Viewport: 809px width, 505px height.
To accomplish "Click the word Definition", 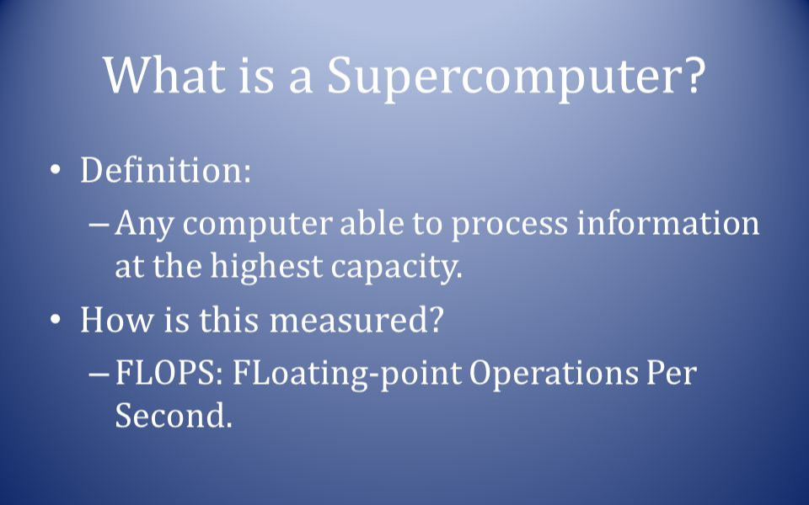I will [x=164, y=171].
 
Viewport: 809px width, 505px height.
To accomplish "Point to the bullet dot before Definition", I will [x=56, y=171].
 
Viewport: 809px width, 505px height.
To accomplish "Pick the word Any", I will [x=144, y=225].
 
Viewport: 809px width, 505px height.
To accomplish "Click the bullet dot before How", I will [x=56, y=321].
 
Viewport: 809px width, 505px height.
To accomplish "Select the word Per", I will [x=671, y=374].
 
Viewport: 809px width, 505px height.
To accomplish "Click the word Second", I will [x=172, y=416].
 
